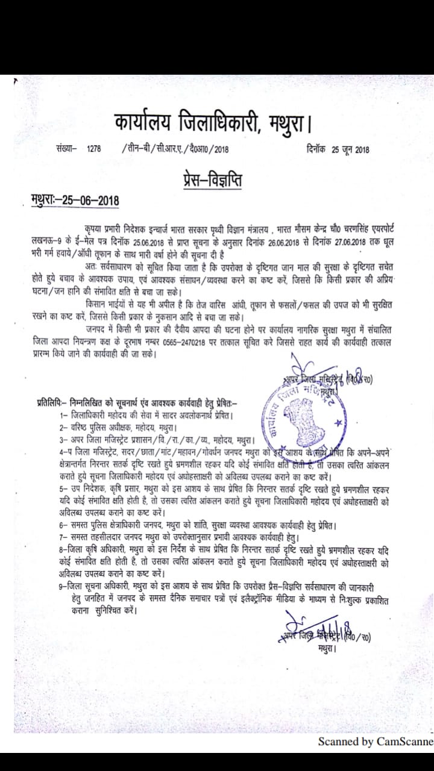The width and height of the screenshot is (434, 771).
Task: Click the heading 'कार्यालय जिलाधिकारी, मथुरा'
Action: (213, 125)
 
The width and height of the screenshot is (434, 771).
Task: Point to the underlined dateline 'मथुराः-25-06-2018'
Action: (75, 200)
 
